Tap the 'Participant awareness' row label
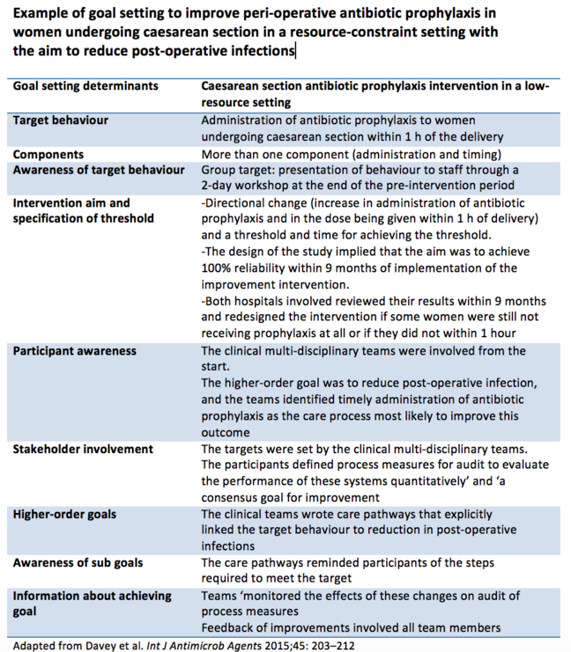coord(75,351)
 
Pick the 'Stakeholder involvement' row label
coord(83,450)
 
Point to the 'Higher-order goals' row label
coord(64,514)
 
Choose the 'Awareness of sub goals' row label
coord(78,563)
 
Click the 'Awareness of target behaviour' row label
coord(95,170)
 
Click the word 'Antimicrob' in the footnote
coord(206,643)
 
